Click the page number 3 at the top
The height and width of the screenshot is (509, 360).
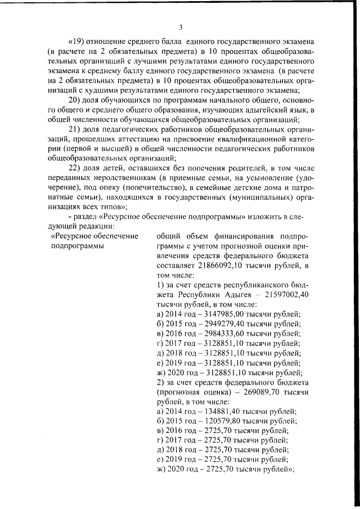[181, 27]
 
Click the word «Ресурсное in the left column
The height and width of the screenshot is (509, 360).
[71, 237]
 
